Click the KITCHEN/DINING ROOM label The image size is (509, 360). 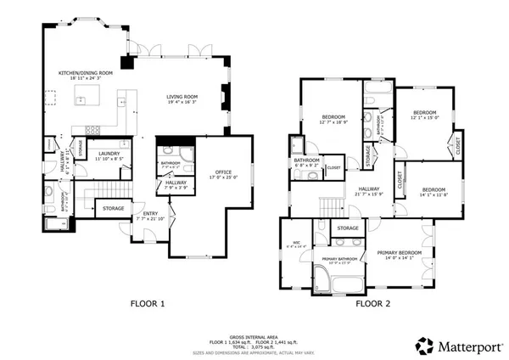[x=86, y=73]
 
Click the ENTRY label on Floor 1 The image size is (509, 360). [x=150, y=213]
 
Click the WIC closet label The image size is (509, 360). [x=298, y=244]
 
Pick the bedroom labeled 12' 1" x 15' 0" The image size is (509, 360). [x=424, y=113]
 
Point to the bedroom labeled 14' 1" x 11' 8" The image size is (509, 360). [x=433, y=189]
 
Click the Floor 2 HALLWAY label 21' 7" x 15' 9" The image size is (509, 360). [x=368, y=190]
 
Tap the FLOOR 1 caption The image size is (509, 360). [x=148, y=302]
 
